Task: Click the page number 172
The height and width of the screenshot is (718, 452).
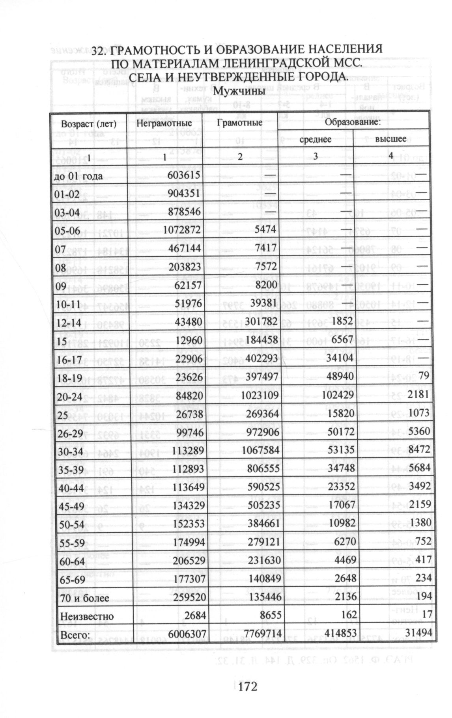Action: click(248, 686)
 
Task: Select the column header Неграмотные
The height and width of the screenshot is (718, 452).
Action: click(164, 123)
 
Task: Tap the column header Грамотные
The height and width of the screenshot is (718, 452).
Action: click(239, 123)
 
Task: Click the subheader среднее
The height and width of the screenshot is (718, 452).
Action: click(316, 139)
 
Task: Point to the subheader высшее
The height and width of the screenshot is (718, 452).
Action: click(390, 139)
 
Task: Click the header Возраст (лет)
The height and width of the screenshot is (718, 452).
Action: click(89, 124)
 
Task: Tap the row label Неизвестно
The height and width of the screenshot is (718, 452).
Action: click(86, 616)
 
